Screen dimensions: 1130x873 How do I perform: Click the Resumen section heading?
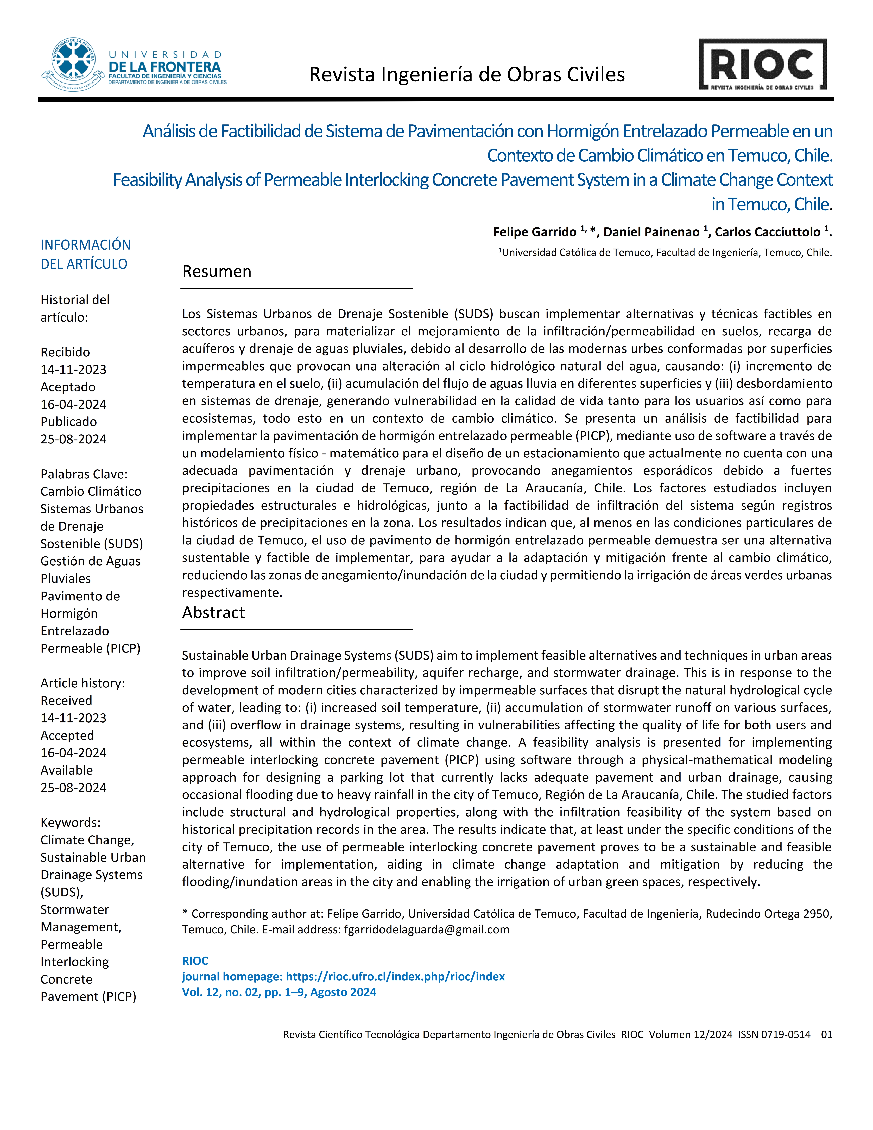pyautogui.click(x=217, y=272)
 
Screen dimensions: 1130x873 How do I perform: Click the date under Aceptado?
pyautogui.click(x=73, y=404)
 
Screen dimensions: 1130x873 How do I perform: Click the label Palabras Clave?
pyautogui.click(x=84, y=474)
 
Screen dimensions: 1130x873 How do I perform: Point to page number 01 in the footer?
pyautogui.click(x=826, y=1034)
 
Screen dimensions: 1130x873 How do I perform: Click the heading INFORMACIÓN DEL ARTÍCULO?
pyautogui.click(x=85, y=254)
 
